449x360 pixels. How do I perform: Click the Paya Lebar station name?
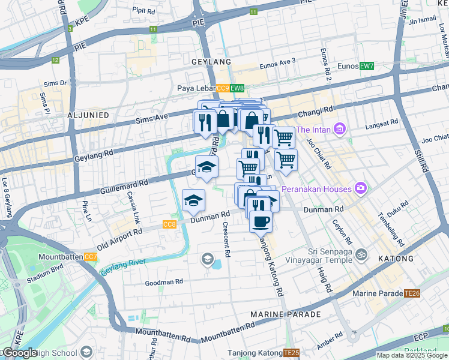point(196,88)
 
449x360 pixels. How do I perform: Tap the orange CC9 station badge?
point(223,88)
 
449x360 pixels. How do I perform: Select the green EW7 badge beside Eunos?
point(366,65)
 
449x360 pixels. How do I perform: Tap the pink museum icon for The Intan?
point(340,129)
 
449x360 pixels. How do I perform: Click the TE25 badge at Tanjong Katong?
point(291,353)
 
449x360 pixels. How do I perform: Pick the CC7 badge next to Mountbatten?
point(91,257)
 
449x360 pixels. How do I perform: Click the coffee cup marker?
point(261,221)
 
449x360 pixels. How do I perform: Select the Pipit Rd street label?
point(143,10)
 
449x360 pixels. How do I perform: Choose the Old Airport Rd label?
point(119,238)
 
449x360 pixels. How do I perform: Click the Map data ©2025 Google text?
point(412,355)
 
